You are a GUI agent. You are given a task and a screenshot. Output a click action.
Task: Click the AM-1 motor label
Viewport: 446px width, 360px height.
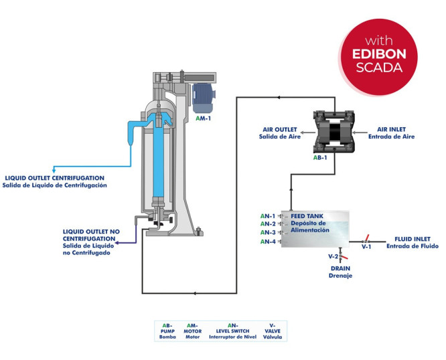[204, 118]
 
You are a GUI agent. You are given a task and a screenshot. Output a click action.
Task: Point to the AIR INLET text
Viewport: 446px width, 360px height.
[391, 130]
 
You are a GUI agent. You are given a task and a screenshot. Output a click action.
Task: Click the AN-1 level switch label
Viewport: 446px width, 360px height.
[268, 216]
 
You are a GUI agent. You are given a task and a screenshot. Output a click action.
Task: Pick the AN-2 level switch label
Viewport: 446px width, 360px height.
[268, 224]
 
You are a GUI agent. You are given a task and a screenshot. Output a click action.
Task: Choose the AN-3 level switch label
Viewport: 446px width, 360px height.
[268, 232]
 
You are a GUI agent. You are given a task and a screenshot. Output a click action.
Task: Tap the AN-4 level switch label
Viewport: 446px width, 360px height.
[268, 242]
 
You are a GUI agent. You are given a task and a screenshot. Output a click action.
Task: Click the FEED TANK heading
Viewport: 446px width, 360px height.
[306, 217]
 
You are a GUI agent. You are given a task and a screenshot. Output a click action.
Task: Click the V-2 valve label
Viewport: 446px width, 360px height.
[333, 256]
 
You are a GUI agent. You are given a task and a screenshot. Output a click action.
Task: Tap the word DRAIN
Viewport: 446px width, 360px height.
[340, 268]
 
